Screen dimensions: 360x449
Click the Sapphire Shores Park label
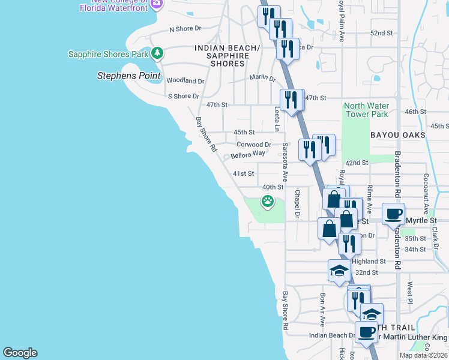click(x=108, y=54)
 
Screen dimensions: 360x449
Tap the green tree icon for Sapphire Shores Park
click(x=157, y=53)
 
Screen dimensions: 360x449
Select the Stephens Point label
click(x=129, y=76)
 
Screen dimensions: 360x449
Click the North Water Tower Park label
click(x=366, y=110)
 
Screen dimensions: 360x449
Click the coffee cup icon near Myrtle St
click(x=394, y=214)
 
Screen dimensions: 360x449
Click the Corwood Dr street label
click(x=254, y=145)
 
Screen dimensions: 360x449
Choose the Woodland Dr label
click(x=185, y=80)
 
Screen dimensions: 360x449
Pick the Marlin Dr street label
click(x=262, y=79)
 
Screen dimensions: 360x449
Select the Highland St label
click(x=368, y=262)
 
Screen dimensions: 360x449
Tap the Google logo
click(x=20, y=353)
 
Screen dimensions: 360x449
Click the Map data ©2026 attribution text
click(x=423, y=355)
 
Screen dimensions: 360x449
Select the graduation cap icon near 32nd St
click(x=339, y=270)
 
